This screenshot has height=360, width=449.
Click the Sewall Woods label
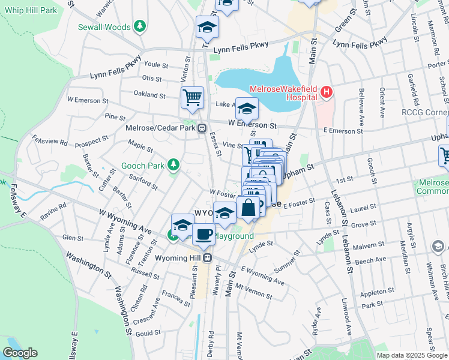[x=104, y=26]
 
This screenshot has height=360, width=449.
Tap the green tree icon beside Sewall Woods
[x=140, y=26]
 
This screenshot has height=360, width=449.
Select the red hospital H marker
[x=326, y=92]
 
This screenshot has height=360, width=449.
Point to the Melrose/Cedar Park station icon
[x=203, y=128]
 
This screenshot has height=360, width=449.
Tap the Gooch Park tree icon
[x=173, y=164]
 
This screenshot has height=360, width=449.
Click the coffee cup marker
[x=204, y=233]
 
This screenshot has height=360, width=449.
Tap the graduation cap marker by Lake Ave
[x=246, y=108]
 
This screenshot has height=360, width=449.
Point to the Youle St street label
[x=155, y=65]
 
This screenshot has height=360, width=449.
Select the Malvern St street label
[x=370, y=245]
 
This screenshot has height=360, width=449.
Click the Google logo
[x=20, y=353]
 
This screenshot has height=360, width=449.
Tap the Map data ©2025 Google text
[x=411, y=355]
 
